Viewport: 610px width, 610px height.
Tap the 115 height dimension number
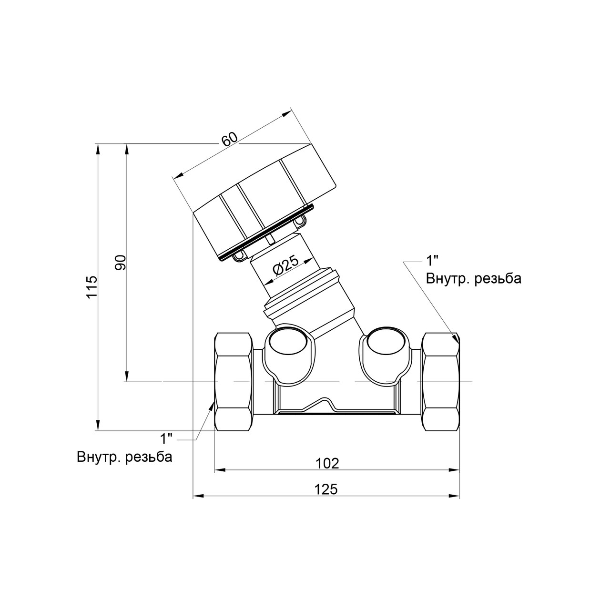pos(92,287)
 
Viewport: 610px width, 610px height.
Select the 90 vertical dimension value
pos(121,263)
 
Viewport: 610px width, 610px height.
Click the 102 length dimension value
pos(327,464)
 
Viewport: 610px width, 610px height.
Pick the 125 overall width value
pos(326,489)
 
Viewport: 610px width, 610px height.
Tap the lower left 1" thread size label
pos(166,439)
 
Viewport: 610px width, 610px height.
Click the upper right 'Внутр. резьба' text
pos(474,279)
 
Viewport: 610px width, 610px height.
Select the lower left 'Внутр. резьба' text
pos(125,457)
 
